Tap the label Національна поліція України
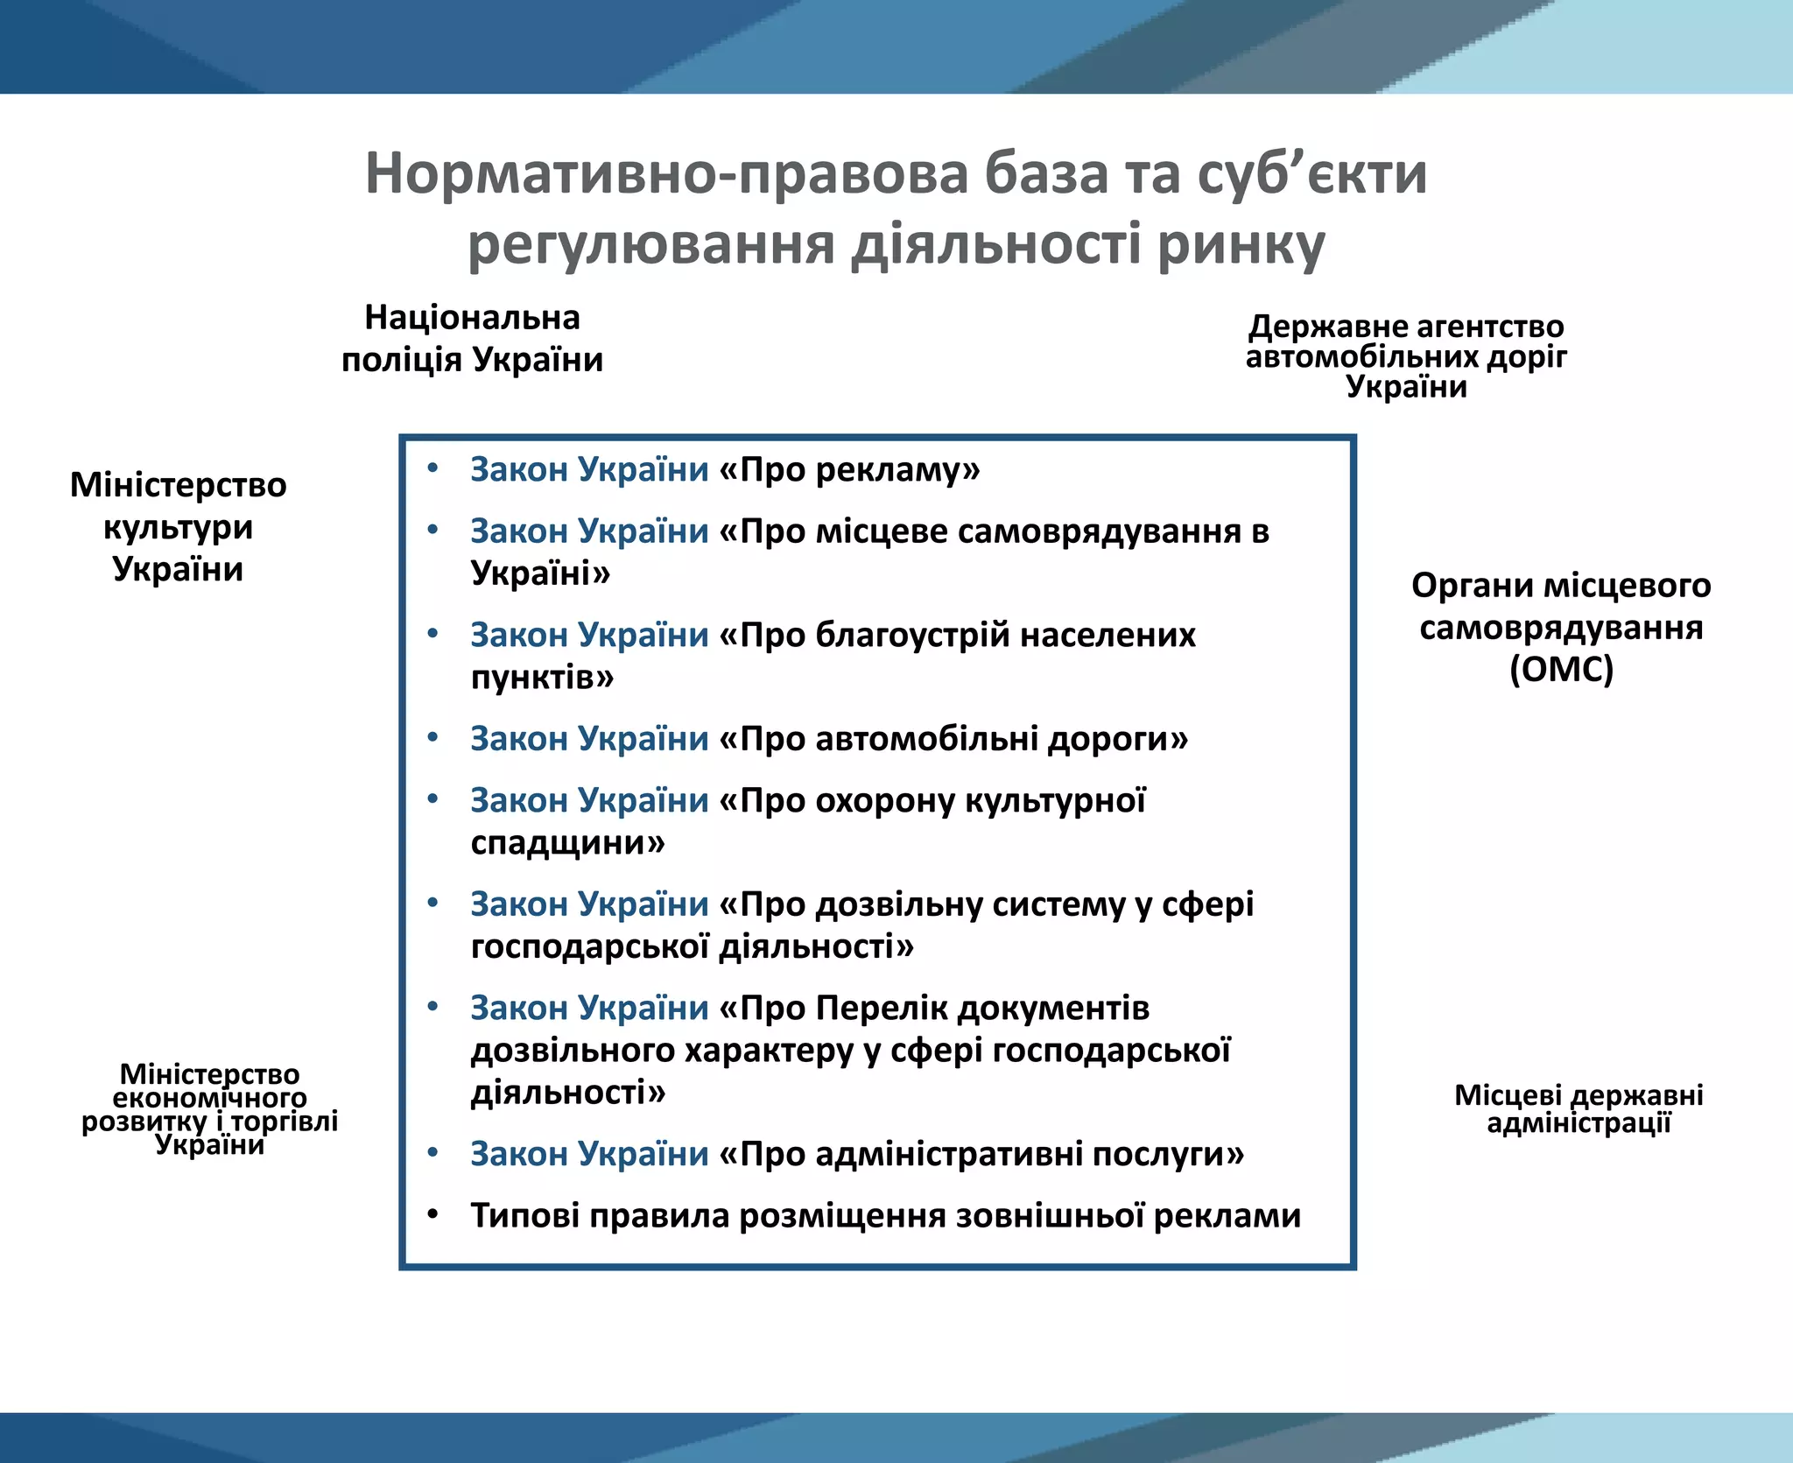pos(472,339)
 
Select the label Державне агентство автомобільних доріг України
pos(1406,356)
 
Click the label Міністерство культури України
pos(178,527)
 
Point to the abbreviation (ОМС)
pos(1561,670)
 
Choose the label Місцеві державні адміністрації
pos(1579,1108)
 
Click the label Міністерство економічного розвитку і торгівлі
pos(209,1108)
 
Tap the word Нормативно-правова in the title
pos(666,174)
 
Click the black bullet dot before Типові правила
pos(432,1214)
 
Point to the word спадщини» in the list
pos(567,843)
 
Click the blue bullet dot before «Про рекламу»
pos(432,468)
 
